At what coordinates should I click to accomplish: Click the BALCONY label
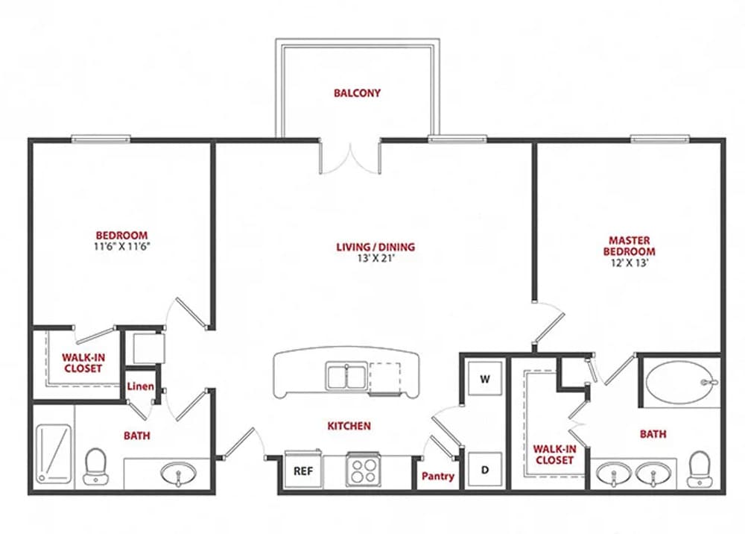point(357,93)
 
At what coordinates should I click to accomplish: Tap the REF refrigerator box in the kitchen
point(302,471)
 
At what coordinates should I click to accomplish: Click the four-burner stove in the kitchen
point(364,470)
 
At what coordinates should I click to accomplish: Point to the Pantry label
point(438,476)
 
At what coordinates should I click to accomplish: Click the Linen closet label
point(140,386)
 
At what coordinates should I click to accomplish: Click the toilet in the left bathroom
point(95,466)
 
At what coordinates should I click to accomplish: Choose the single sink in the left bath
point(178,473)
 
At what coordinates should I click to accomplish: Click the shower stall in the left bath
point(53,452)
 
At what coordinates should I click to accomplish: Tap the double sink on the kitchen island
point(346,376)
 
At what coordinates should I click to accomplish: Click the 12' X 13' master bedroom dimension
point(630,263)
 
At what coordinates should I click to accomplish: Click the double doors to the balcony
point(350,156)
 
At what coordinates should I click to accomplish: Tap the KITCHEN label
point(349,426)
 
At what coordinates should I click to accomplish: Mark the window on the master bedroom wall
point(659,138)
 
